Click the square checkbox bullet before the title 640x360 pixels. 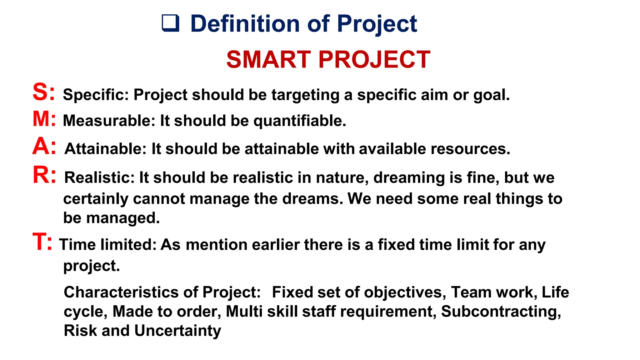coord(171,23)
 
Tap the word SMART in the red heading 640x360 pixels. coord(268,60)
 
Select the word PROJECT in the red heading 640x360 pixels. coord(374,60)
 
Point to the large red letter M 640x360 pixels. coord(41,119)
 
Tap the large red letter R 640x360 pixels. coord(41,175)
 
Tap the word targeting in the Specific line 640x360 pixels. coord(305,95)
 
